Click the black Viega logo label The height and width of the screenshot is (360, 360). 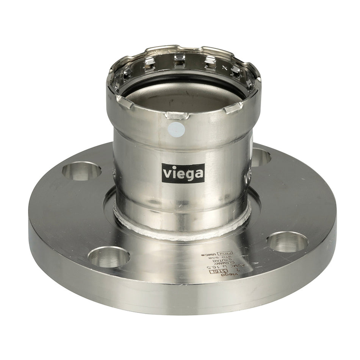tap(183, 173)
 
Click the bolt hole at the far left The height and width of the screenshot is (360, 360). tap(81, 171)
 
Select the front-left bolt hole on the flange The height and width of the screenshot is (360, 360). tap(109, 257)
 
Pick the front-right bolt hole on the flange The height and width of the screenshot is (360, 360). tap(287, 241)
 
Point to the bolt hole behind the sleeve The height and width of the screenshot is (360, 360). tap(260, 157)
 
